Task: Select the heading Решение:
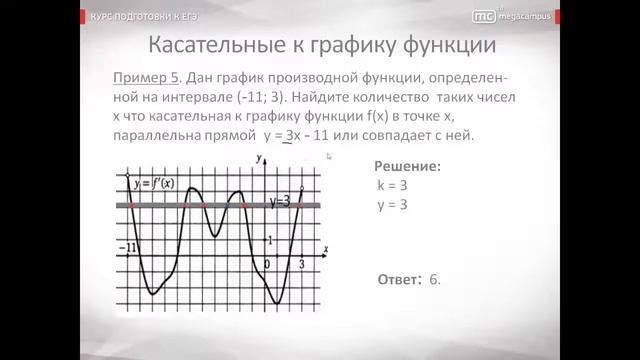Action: (407, 167)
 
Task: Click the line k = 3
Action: (392, 186)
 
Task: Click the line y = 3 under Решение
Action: (392, 205)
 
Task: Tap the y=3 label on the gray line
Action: (281, 202)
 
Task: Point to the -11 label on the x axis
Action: (128, 247)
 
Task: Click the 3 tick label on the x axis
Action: (303, 262)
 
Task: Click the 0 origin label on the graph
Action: (266, 263)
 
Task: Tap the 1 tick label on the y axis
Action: (268, 237)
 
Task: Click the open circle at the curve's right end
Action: (303, 186)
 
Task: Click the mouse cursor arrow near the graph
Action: (330, 156)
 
